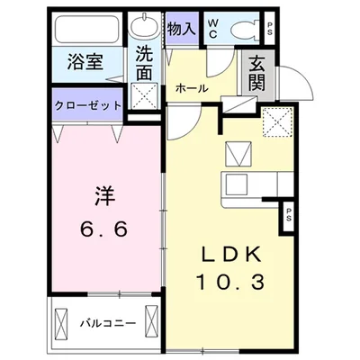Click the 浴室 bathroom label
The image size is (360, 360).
coord(85,62)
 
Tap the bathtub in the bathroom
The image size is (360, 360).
coord(86,29)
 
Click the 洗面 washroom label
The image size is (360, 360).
coord(144,64)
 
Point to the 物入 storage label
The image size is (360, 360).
coord(182,29)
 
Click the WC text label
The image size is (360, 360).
coord(212,29)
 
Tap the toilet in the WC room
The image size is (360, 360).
coord(245,29)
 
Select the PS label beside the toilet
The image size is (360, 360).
coord(270,29)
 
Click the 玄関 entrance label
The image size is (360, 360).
coord(256,74)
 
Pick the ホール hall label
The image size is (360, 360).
coord(192,88)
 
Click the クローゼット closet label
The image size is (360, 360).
coord(88,105)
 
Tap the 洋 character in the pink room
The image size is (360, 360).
coord(104,195)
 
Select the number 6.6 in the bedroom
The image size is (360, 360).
coord(103,229)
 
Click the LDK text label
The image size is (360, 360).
coord(230,256)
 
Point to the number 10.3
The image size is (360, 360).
coord(230,282)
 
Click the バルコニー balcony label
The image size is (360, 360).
coord(108,323)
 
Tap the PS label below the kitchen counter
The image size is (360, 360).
coord(288,214)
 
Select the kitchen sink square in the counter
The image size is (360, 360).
coord(237,184)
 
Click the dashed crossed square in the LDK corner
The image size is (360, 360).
coord(277,121)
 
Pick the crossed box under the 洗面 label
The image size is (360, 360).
coord(145,95)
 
